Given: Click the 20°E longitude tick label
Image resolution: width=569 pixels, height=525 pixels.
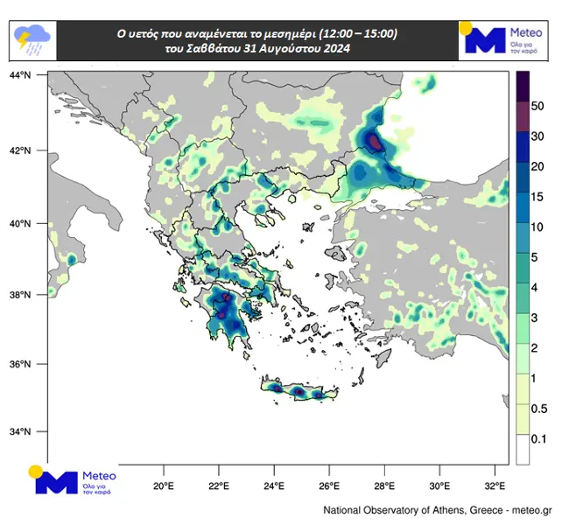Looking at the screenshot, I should coord(163,486).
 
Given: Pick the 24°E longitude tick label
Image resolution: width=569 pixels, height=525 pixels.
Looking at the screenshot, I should coord(274,486).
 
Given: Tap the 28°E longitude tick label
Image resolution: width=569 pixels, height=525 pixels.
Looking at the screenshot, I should coord(384,486).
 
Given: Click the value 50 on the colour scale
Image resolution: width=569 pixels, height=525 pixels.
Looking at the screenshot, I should coord(538,106).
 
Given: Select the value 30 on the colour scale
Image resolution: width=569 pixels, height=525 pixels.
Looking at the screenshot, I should coord(538,136).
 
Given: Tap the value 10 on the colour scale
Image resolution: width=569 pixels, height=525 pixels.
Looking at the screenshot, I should coord(538,227).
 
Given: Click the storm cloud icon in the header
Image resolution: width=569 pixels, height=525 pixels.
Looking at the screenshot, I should coord(33,38).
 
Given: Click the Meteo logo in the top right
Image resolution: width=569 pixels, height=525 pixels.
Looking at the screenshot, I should coord(502,39).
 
